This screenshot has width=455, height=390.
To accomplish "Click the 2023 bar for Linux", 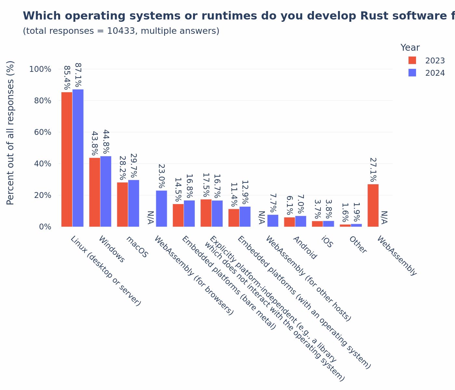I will click(67, 159).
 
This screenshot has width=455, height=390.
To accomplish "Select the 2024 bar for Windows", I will click(106, 191).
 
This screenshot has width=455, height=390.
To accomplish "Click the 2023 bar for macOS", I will click(123, 204).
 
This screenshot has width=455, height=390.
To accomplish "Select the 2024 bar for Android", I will click(301, 221).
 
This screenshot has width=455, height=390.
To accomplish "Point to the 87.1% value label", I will click(78, 75).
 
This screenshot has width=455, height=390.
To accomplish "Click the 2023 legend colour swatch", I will click(412, 60).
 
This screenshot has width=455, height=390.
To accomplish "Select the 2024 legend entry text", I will click(435, 73).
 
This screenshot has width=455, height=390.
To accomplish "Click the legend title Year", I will click(410, 48).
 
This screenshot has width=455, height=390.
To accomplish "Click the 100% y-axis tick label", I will click(40, 69).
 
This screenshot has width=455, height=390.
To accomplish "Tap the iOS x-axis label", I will click(327, 242).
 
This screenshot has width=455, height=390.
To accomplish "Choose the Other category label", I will click(358, 245).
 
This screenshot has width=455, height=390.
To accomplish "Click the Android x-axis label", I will click(305, 248).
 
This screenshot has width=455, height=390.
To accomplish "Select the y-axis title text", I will click(10, 133).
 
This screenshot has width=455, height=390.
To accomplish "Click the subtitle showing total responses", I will click(121, 31).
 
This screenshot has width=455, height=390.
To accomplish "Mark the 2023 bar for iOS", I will click(317, 224).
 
